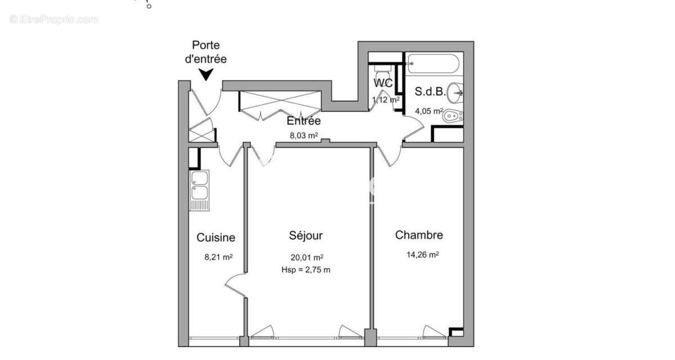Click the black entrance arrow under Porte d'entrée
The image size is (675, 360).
pyautogui.click(x=206, y=74)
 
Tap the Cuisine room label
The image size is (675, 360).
pyautogui.click(x=215, y=237)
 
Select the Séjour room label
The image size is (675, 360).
pyautogui.click(x=305, y=235)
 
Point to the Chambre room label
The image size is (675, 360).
pyautogui.click(x=418, y=235)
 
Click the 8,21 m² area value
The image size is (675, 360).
pyautogui.click(x=218, y=257)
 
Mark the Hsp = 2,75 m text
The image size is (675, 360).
pyautogui.click(x=305, y=269)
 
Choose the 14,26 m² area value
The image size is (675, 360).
pyautogui.click(x=422, y=254)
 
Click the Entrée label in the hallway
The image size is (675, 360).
pyautogui.click(x=304, y=121)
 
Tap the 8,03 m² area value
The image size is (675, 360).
pyautogui.click(x=304, y=136)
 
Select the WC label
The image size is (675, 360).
pyautogui.click(x=383, y=83)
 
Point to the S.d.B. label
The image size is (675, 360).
pyautogui.click(x=430, y=91)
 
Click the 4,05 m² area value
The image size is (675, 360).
pyautogui.click(x=429, y=111)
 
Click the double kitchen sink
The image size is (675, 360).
pyautogui.click(x=199, y=186)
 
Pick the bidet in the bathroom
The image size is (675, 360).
pyautogui.click(x=453, y=117)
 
